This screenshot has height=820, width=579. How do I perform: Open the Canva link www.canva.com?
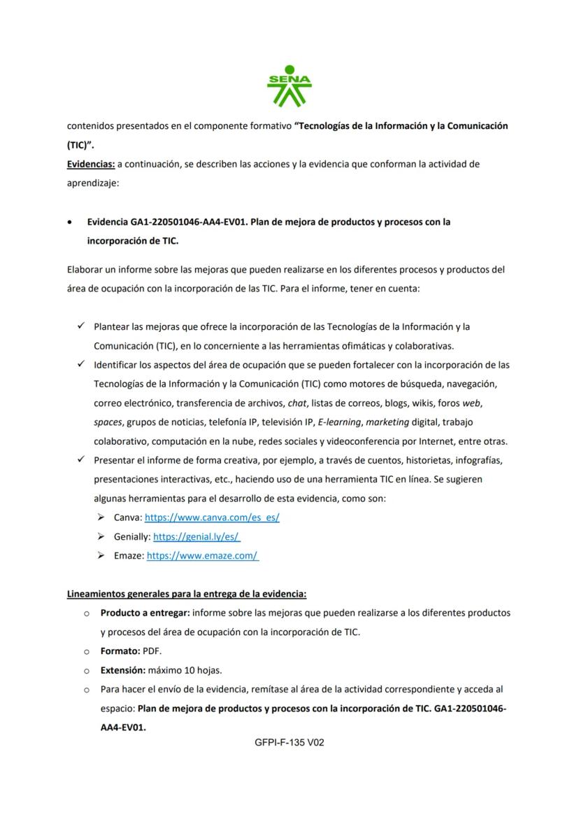212,517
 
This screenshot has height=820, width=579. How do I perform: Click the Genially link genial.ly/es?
196,536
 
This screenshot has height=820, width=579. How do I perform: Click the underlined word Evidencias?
91,164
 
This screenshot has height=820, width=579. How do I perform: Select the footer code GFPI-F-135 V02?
289,742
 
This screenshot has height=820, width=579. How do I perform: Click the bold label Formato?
120,651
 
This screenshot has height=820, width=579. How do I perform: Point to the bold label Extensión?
123,669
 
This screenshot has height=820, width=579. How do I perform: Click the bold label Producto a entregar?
145,613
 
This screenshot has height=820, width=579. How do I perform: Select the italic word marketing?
387,422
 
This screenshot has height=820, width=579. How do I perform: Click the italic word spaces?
108,422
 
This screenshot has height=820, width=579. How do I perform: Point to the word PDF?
152,651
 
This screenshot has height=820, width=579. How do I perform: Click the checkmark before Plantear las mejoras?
80,326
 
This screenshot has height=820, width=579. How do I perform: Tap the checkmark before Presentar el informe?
80,459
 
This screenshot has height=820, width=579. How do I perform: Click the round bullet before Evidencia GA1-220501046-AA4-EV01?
69,222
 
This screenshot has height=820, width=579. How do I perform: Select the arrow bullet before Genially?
101,536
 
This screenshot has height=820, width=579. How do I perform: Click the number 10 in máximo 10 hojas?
187,669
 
